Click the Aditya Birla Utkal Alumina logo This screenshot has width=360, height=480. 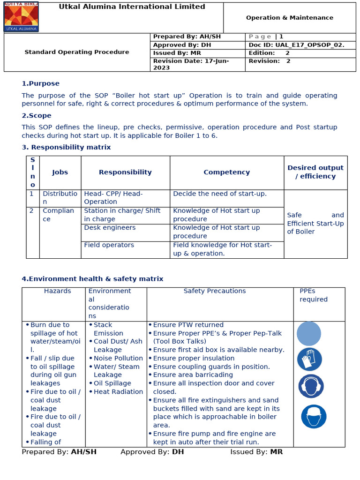point(21,17)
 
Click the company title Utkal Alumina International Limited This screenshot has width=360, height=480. point(132,7)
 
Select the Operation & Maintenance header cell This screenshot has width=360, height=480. point(289,18)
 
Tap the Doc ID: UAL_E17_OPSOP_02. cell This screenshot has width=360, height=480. point(296,45)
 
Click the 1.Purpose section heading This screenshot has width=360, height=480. point(41,83)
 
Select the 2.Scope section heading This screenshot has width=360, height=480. point(37,115)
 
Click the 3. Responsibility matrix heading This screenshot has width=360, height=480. point(66,147)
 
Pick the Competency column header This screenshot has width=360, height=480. point(226,172)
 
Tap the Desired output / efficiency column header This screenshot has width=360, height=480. point(315,172)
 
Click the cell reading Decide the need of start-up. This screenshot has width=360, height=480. point(219,194)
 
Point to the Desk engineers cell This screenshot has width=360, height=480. point(110,228)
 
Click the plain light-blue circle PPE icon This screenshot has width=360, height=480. point(309,334)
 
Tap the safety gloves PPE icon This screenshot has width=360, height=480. point(309,360)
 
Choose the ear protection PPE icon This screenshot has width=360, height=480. point(311,386)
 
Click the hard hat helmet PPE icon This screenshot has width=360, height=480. point(314,416)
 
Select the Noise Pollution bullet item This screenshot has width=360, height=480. point(118,358)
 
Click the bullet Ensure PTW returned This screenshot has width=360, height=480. point(188,325)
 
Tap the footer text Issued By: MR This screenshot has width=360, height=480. point(256,452)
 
